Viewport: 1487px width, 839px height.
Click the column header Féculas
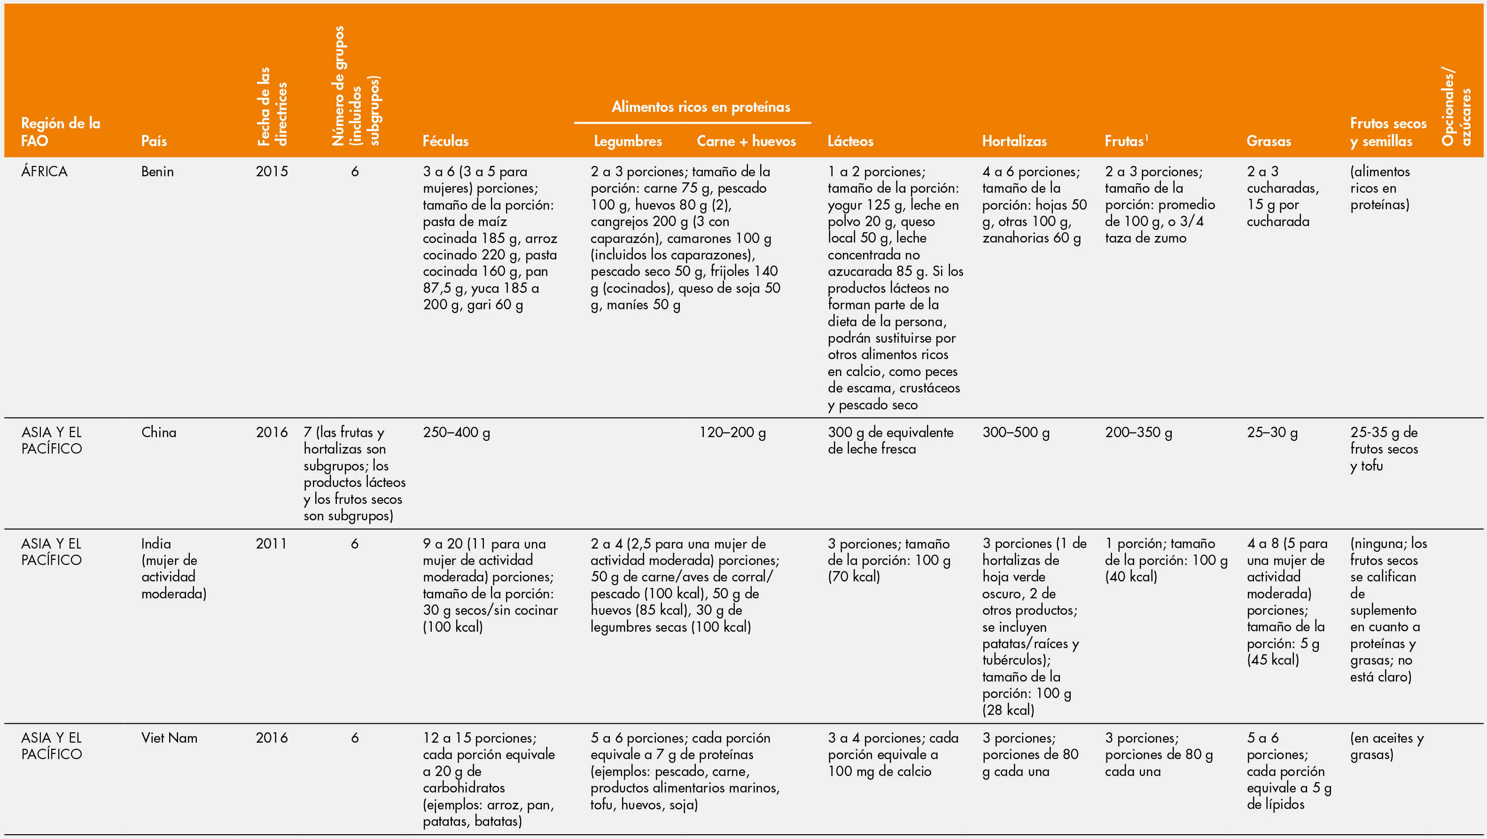[x=445, y=141]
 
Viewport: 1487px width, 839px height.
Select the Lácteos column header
[x=850, y=141]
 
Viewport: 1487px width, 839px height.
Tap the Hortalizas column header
[x=1014, y=141]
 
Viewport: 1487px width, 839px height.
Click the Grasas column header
[x=1268, y=141]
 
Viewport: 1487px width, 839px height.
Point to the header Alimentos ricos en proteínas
[x=701, y=107]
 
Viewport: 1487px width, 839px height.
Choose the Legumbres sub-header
[x=628, y=141]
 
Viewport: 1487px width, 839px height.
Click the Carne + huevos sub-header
[x=746, y=141]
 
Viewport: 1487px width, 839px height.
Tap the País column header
[x=154, y=141]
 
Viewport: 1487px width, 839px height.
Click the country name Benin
[x=157, y=172]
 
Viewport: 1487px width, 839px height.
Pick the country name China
[x=158, y=432]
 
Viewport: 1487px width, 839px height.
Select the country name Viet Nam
[x=169, y=738]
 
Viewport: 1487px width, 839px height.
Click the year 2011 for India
[x=271, y=543]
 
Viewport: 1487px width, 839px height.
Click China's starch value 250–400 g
[x=456, y=432]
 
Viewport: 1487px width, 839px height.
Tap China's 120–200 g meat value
[x=732, y=432]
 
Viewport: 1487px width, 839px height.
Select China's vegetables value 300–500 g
[x=1015, y=432]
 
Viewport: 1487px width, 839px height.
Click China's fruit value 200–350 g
[x=1138, y=432]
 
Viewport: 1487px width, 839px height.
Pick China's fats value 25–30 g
[x=1272, y=432]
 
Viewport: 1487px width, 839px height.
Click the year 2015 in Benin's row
[x=271, y=172]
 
